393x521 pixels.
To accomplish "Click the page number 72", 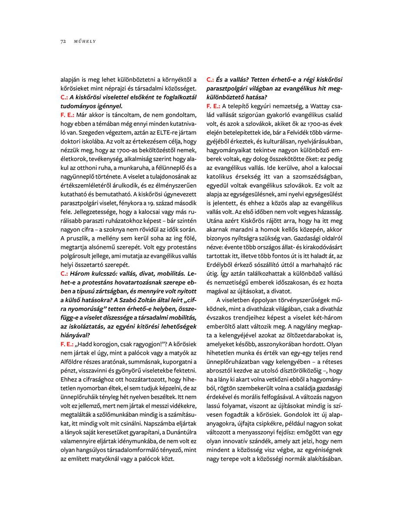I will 63,41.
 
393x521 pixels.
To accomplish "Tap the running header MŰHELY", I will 85,41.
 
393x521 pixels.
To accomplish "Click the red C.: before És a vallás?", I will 210,80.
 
